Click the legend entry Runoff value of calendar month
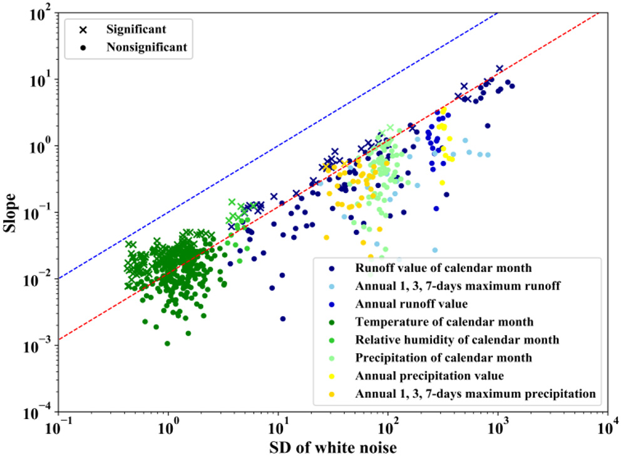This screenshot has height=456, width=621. point(443,268)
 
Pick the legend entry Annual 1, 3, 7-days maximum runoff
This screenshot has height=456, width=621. point(457,286)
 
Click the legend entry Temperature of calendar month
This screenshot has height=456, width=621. point(444,322)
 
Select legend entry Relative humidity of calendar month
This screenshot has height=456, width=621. point(457,340)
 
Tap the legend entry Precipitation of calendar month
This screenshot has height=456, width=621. point(443,358)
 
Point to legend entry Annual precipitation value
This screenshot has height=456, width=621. point(429,376)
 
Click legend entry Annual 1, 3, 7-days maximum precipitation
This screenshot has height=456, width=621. point(474,394)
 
